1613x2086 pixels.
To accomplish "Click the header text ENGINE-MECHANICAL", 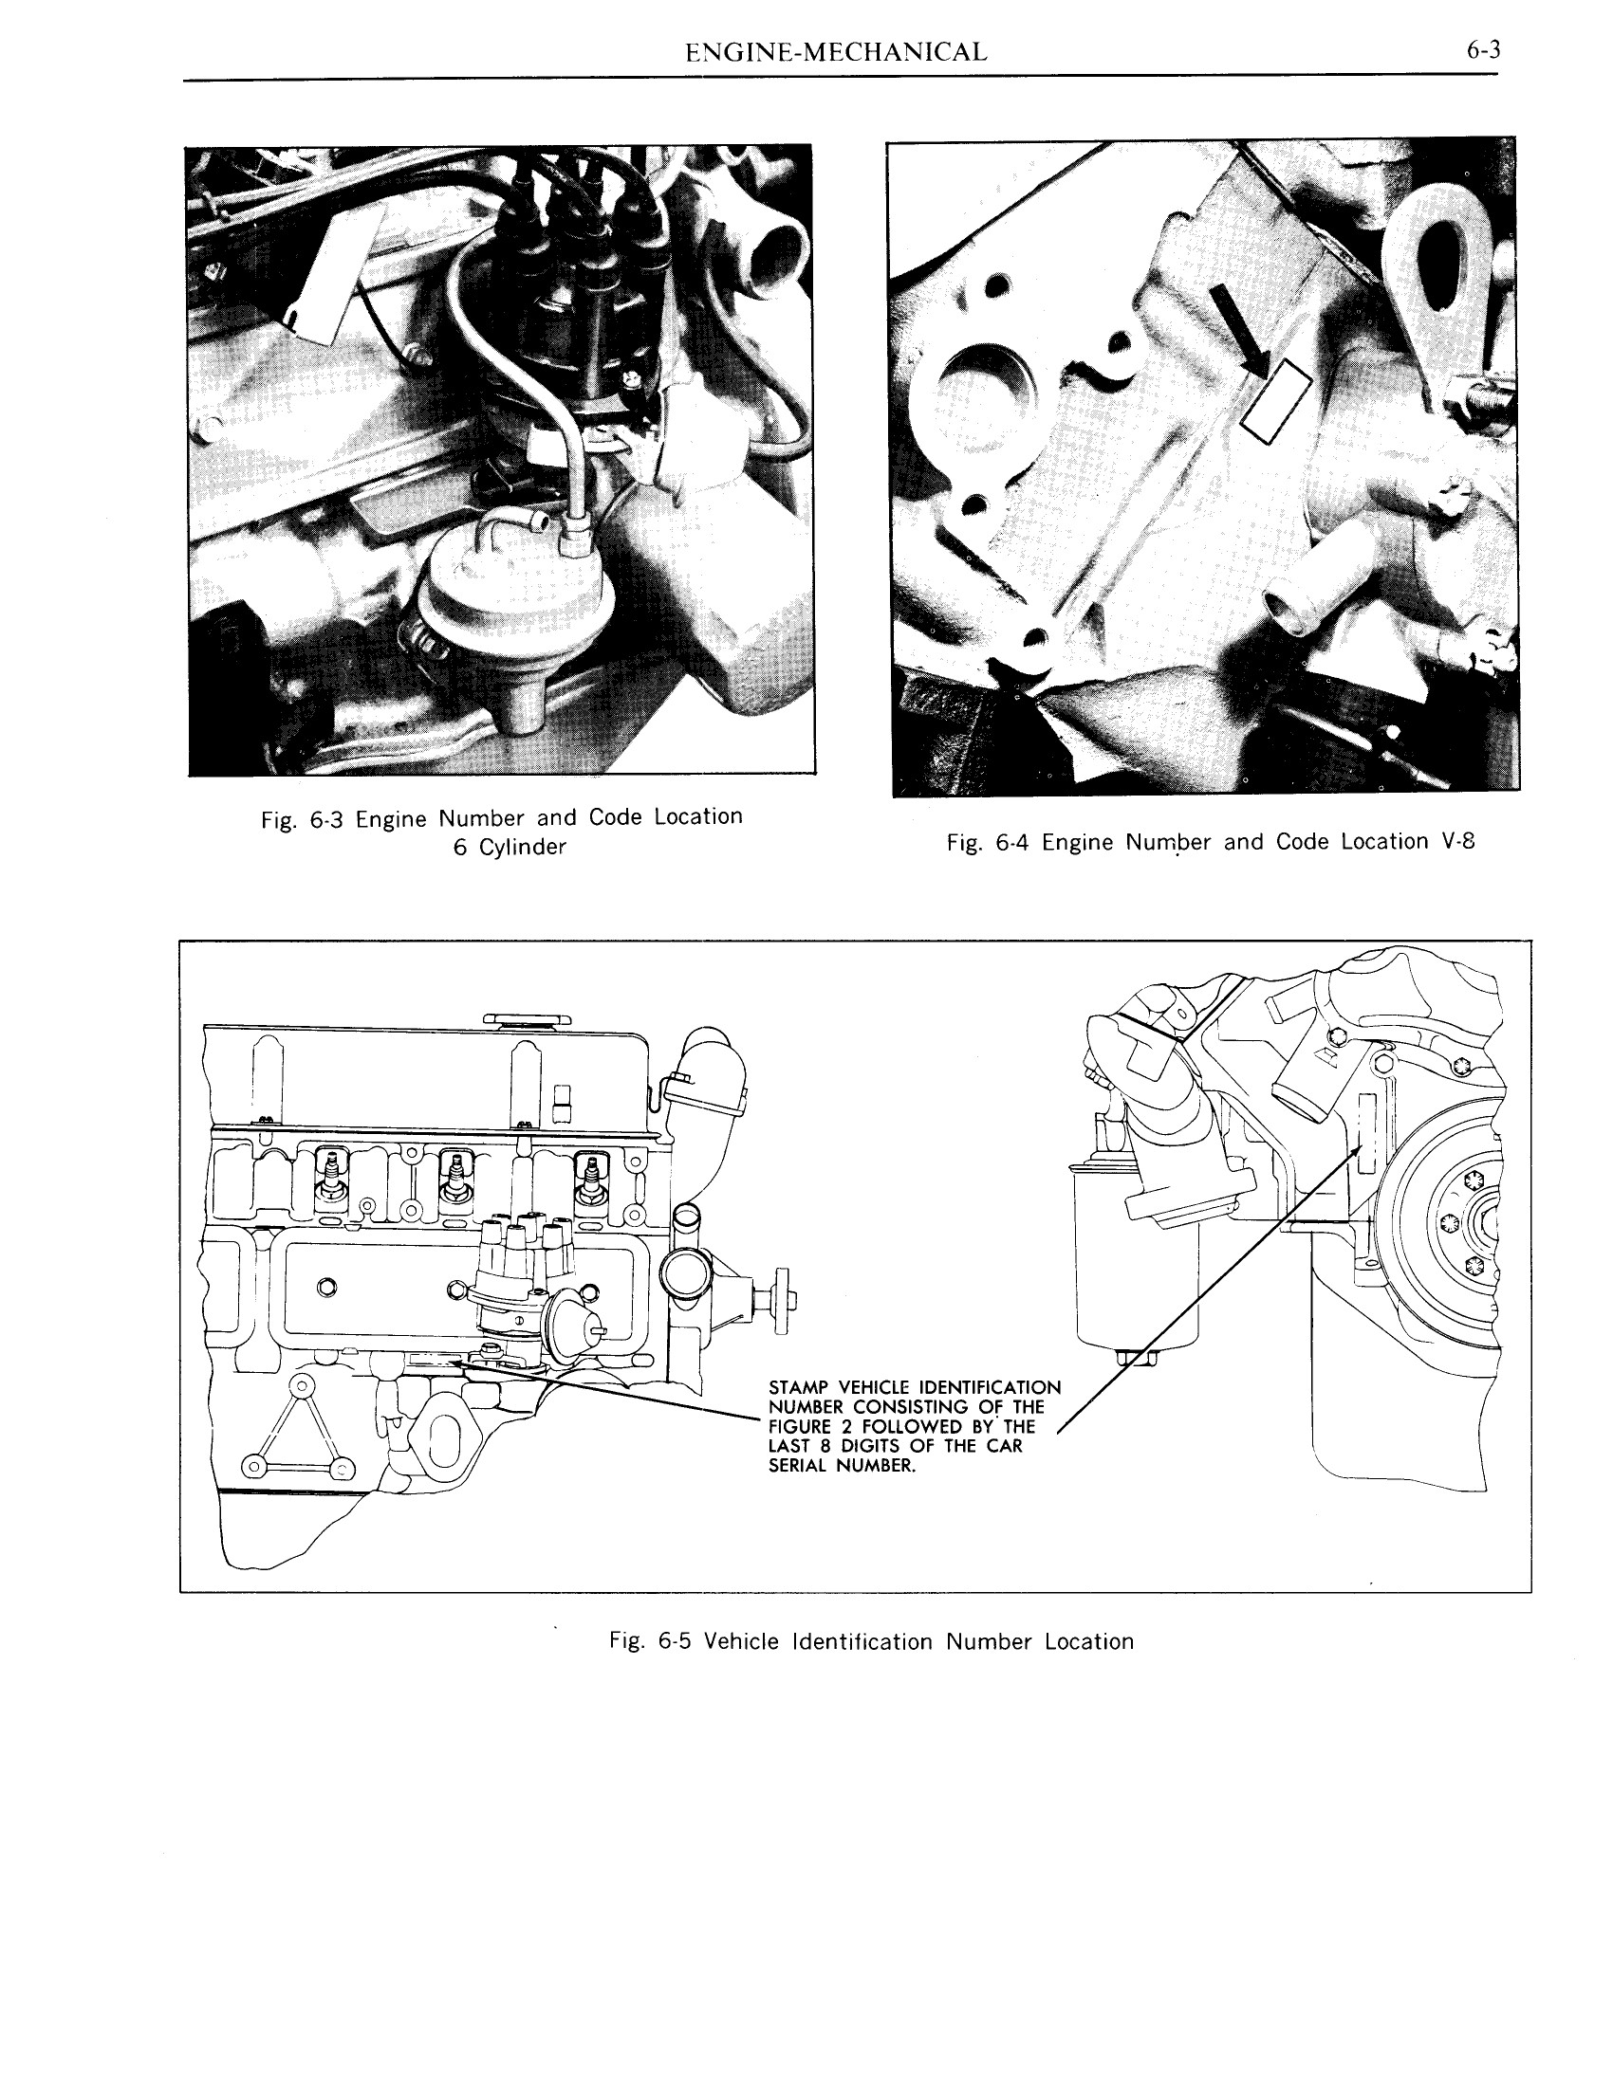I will [x=836, y=52].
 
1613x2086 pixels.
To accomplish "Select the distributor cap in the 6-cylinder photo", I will [x=573, y=286].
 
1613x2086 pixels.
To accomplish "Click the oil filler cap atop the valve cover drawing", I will [x=526, y=1019].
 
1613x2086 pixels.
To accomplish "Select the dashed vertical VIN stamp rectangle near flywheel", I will [x=1366, y=1134].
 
